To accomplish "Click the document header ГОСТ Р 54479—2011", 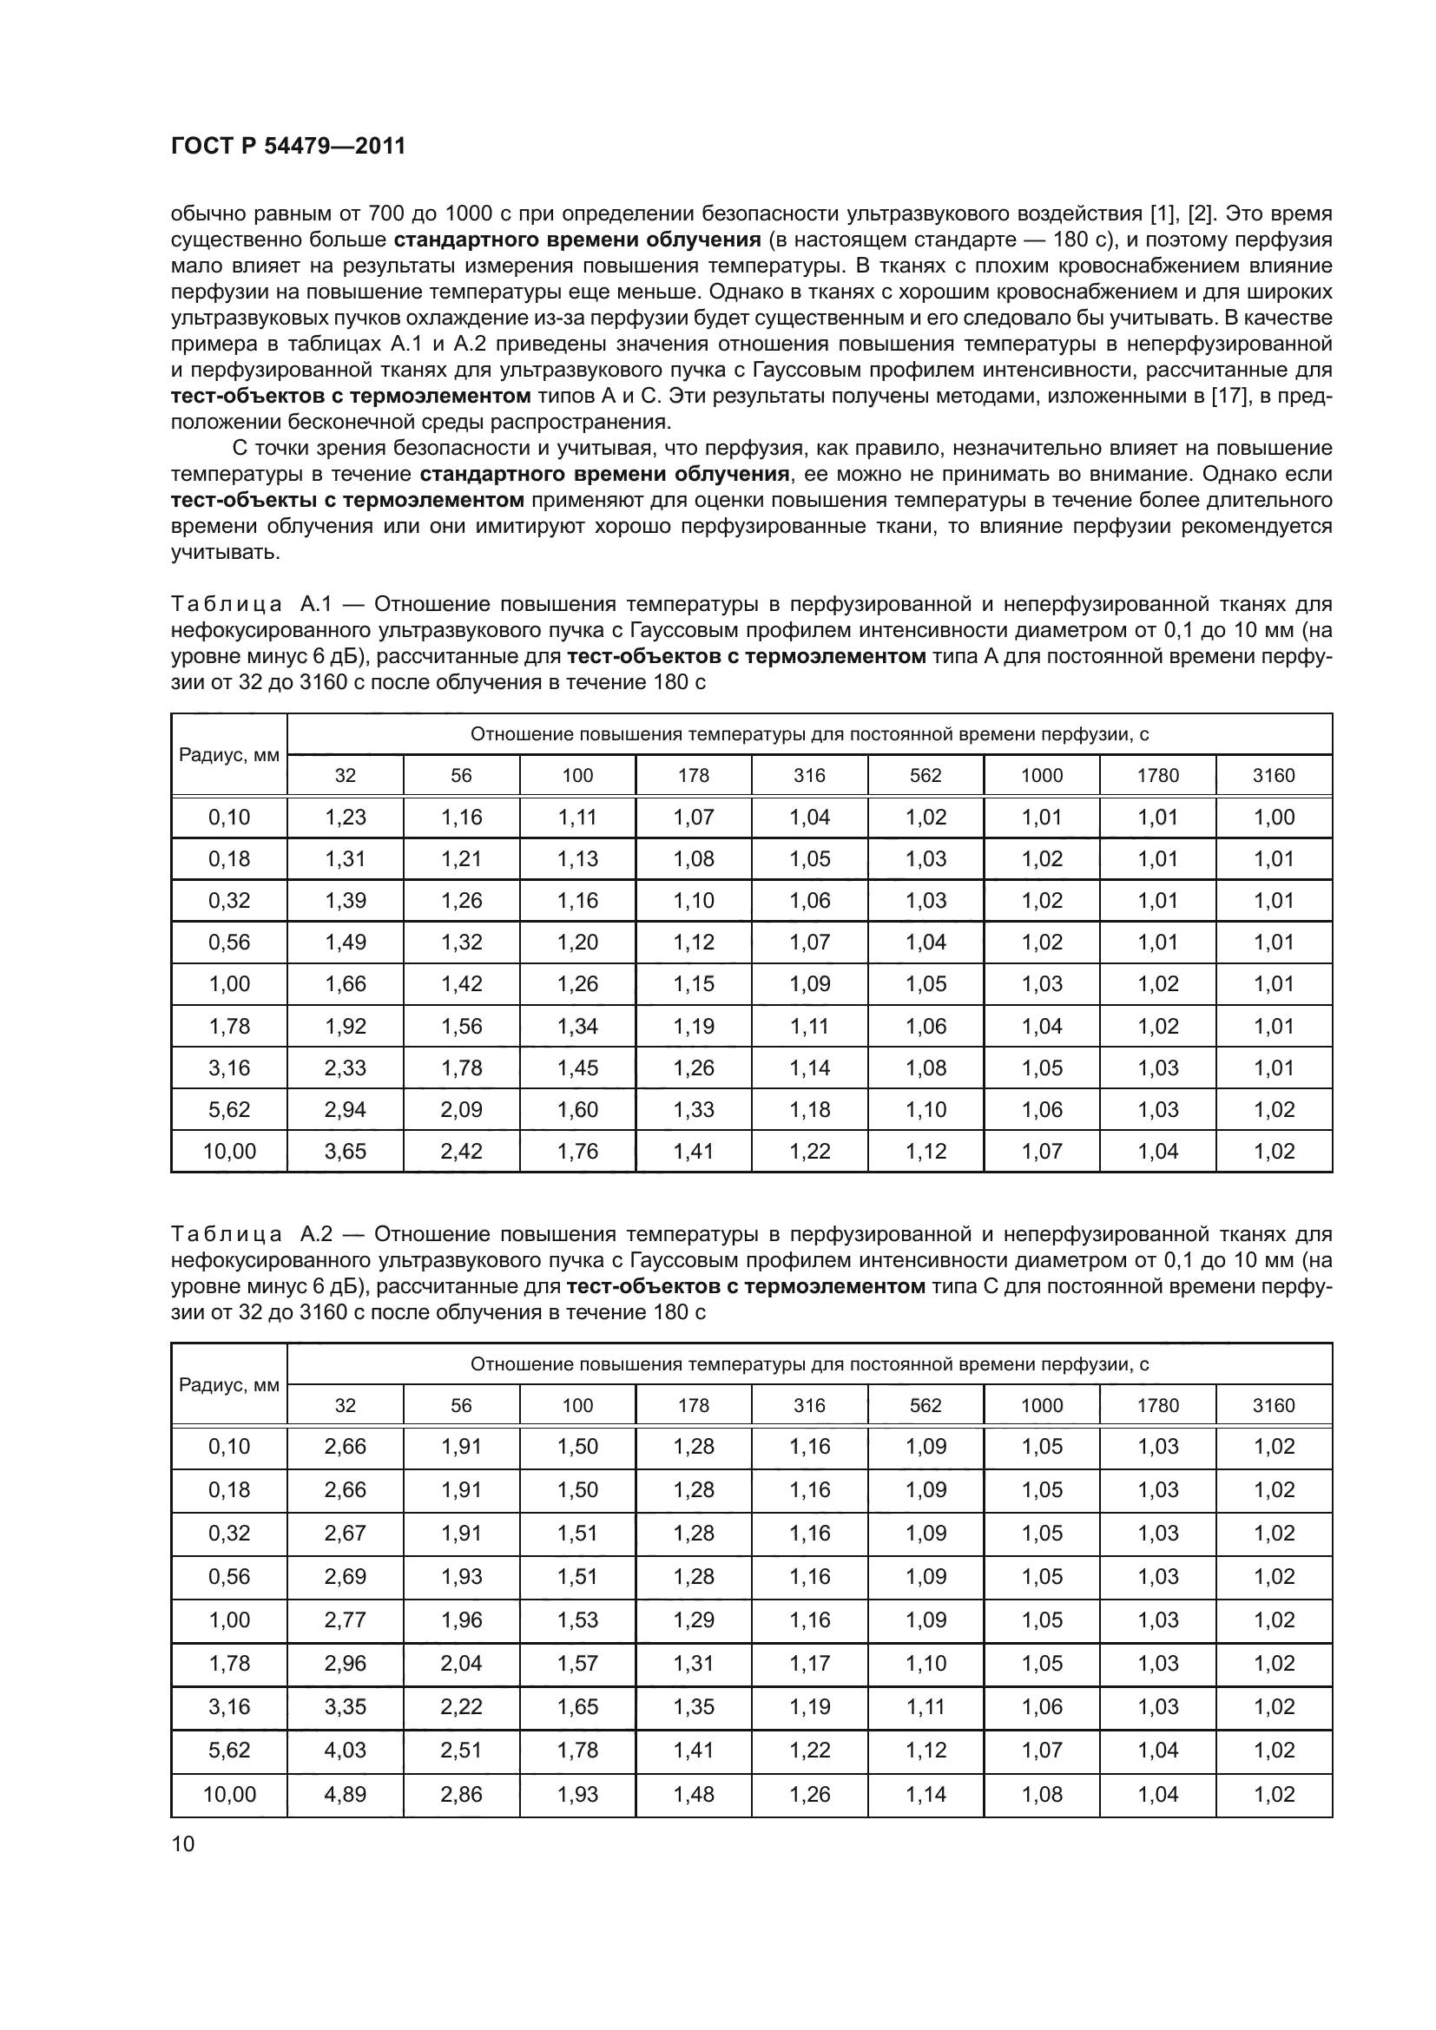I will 287,147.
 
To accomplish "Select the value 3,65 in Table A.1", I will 345,1151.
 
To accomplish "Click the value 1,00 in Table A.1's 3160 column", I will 1274,817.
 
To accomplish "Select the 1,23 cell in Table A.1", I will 345,817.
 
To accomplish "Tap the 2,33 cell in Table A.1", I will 345,1068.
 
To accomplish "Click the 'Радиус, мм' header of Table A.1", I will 229,755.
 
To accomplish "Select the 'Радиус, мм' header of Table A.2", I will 229,1385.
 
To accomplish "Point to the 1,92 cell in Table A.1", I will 345,1026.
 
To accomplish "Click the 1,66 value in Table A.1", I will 345,983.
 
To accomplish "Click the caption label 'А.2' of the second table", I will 316,1233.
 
